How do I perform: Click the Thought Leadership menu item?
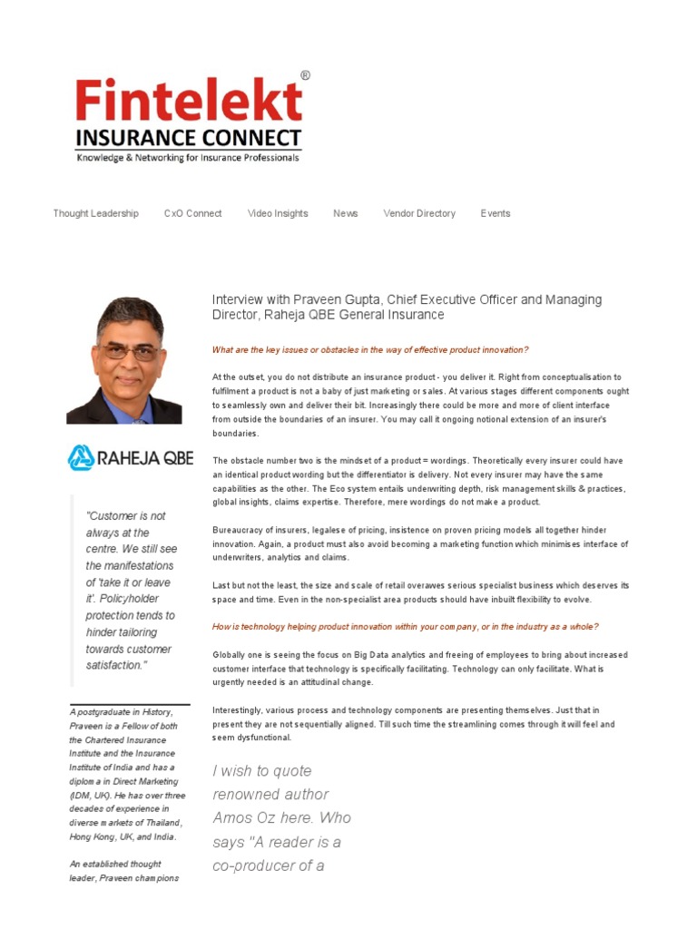coord(95,213)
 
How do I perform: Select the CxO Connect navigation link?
coord(192,213)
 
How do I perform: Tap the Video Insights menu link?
coord(278,213)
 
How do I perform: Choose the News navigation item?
coord(345,213)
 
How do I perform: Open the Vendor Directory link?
coord(419,213)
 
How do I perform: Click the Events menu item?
coord(496,213)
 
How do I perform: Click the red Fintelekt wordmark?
coord(188,101)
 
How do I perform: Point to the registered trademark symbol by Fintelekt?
coord(305,76)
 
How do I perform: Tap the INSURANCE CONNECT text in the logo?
coord(188,139)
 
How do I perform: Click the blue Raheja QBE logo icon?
coord(81,457)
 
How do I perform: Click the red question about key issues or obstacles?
coord(369,349)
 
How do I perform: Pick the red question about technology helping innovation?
coord(405,627)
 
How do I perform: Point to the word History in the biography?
coord(154,712)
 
